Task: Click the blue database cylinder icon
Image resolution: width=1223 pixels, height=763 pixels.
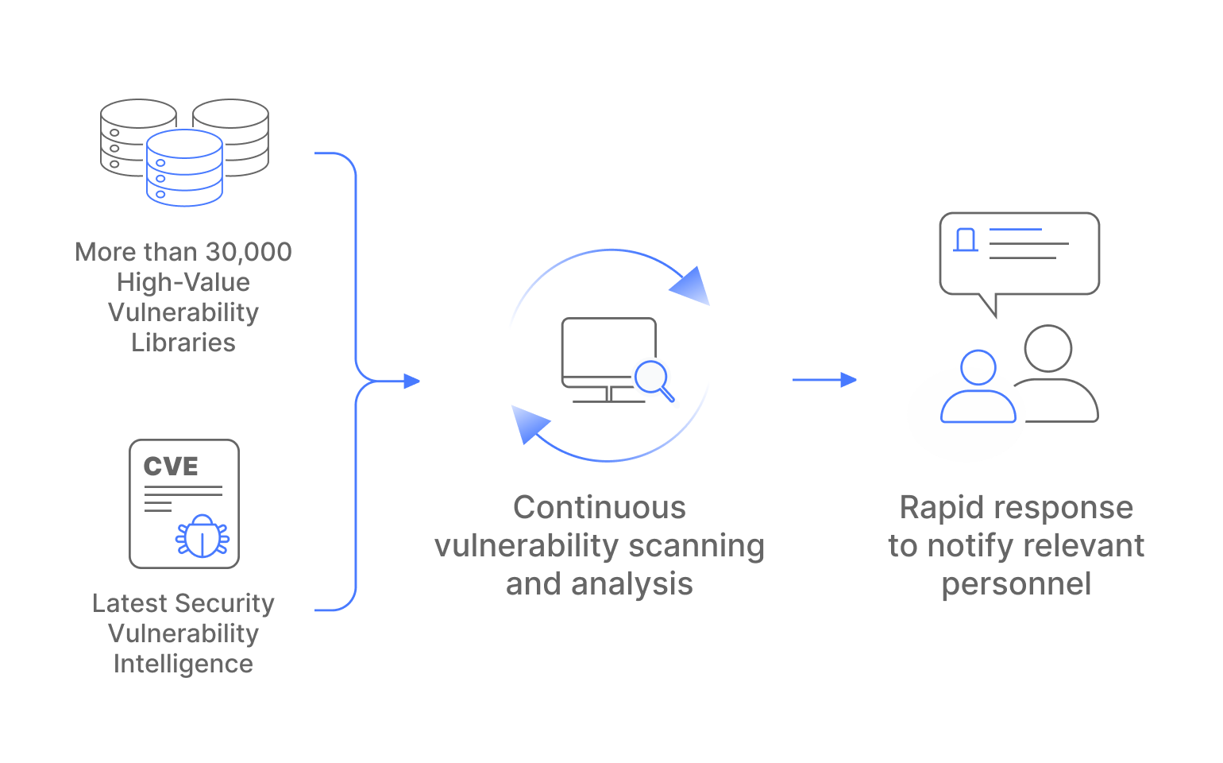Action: click(x=184, y=168)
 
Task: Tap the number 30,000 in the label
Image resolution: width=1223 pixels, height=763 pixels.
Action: click(x=249, y=252)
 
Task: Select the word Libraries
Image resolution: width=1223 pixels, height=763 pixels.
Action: click(x=183, y=343)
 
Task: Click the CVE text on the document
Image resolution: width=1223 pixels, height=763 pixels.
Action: click(x=171, y=467)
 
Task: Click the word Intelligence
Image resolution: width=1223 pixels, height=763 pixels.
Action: click(x=183, y=664)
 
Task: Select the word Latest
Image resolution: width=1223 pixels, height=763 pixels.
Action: click(x=127, y=603)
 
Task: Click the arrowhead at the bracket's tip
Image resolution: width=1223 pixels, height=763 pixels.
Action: click(x=411, y=381)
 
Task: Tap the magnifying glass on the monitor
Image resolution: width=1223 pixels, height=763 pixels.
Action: click(x=653, y=378)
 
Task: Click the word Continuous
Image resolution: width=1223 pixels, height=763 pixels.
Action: click(x=600, y=508)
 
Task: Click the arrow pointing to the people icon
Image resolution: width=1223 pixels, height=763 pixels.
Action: click(x=825, y=380)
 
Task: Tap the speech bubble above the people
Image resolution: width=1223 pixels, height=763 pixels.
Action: click(x=1020, y=253)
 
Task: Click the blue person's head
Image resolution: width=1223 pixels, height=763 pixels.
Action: click(x=978, y=368)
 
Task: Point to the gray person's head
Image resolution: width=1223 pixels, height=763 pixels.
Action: click(x=1048, y=348)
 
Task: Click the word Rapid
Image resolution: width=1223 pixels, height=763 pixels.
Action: click(x=940, y=508)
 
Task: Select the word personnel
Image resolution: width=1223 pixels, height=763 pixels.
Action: click(x=1017, y=584)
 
